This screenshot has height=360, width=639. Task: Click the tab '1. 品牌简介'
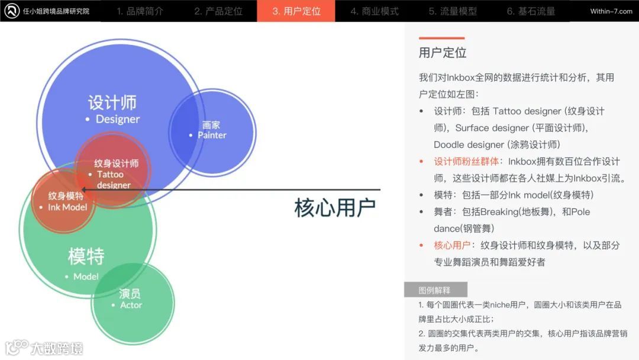[x=140, y=11]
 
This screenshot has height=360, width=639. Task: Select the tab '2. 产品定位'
[x=218, y=11]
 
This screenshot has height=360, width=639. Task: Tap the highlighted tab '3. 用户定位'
[x=296, y=11]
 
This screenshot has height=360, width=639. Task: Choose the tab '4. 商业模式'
[x=374, y=11]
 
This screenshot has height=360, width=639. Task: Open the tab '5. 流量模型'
[x=453, y=11]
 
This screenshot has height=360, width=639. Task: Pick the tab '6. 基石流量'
[x=531, y=11]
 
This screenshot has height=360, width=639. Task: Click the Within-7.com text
[x=611, y=11]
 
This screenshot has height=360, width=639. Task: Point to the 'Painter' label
[x=212, y=135]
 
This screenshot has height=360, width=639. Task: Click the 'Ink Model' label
[x=67, y=207]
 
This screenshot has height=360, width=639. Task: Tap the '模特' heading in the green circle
[x=86, y=257]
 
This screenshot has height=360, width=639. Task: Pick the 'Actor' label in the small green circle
[x=131, y=305]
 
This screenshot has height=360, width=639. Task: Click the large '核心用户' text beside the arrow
[x=335, y=208]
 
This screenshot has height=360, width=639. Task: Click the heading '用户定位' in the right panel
[x=443, y=53]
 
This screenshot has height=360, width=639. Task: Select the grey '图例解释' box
[x=435, y=290]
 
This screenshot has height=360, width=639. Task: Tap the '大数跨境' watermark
[x=57, y=348]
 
